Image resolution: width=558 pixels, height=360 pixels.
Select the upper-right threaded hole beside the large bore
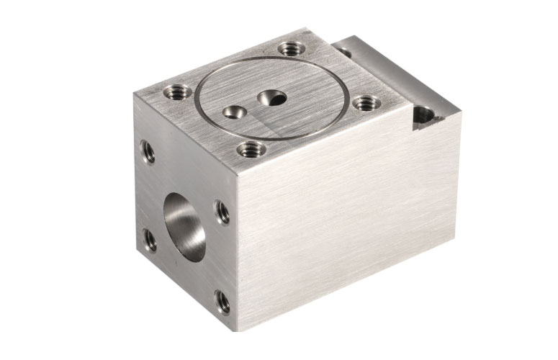[x=222, y=212]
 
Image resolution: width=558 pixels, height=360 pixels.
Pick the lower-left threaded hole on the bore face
[x=150, y=240]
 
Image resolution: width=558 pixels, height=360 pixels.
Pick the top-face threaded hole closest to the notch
[x=364, y=103]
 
